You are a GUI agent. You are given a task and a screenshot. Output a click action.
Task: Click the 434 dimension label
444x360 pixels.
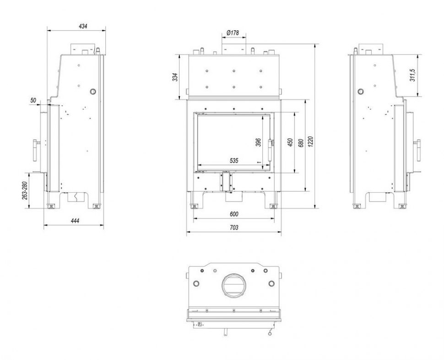(x=83, y=27)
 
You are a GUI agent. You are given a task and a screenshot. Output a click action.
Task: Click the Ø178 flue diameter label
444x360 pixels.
(x=233, y=33)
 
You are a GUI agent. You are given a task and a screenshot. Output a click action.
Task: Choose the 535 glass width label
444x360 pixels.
(x=234, y=160)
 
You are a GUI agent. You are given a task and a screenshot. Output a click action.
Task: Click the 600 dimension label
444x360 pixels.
(x=234, y=214)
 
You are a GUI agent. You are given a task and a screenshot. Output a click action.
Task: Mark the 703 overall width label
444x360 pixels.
(x=234, y=227)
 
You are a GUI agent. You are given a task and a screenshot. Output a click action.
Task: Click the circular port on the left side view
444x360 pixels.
(x=93, y=91)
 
